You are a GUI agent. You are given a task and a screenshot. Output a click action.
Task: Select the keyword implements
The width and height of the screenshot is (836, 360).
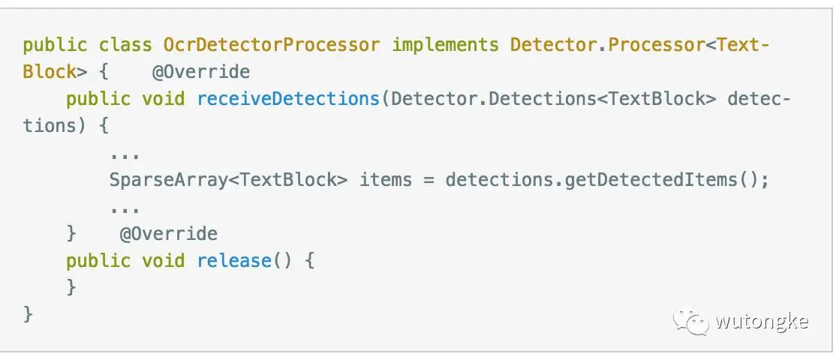tap(445, 45)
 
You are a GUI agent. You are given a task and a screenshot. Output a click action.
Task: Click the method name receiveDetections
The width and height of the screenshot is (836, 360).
tap(287, 99)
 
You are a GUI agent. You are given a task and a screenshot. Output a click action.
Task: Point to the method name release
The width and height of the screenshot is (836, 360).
tap(233, 261)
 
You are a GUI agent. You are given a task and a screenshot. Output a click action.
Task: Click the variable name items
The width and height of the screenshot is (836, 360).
tap(386, 180)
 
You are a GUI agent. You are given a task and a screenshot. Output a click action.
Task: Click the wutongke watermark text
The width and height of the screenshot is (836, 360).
tap(761, 322)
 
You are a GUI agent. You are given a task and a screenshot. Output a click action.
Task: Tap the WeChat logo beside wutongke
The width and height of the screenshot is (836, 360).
tap(690, 322)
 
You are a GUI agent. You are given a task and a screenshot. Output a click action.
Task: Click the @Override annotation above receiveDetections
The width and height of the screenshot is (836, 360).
tap(201, 72)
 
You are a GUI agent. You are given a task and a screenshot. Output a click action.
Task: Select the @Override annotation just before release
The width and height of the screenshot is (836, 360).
tap(169, 234)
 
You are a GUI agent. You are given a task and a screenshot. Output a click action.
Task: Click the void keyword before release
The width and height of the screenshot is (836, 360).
tap(163, 261)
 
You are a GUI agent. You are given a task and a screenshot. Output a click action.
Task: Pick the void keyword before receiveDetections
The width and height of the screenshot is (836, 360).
tap(163, 99)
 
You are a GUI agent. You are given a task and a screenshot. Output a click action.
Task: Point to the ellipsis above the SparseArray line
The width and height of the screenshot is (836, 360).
tap(125, 155)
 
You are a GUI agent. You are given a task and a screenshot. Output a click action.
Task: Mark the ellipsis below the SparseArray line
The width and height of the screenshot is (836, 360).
tap(125, 209)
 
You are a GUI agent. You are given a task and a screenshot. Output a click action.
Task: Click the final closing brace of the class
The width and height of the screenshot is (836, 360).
tap(28, 313)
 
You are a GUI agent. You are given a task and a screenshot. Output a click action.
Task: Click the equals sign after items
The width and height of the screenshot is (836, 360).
tap(429, 180)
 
